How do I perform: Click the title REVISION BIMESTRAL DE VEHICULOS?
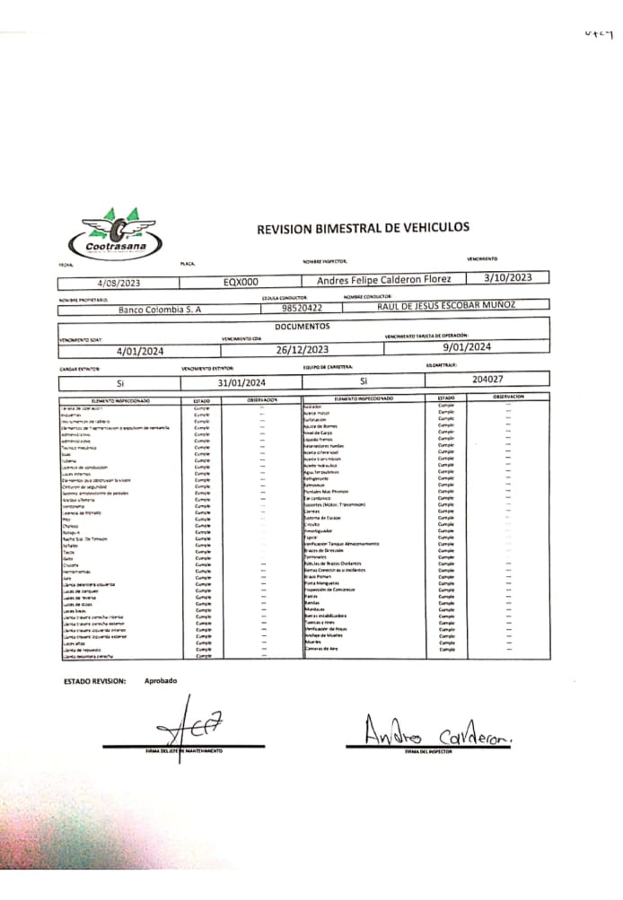[x=363, y=229]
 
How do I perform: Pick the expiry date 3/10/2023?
[x=508, y=277]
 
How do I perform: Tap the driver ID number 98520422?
[x=302, y=308]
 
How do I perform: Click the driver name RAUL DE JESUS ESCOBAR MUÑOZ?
[x=446, y=305]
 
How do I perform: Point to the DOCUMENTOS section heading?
[x=302, y=327]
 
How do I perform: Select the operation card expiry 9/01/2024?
[x=467, y=346]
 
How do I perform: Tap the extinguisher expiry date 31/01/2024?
[x=242, y=383]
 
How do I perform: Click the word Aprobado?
[x=161, y=680]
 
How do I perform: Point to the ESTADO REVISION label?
[x=95, y=681]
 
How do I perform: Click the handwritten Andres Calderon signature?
[x=437, y=735]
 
